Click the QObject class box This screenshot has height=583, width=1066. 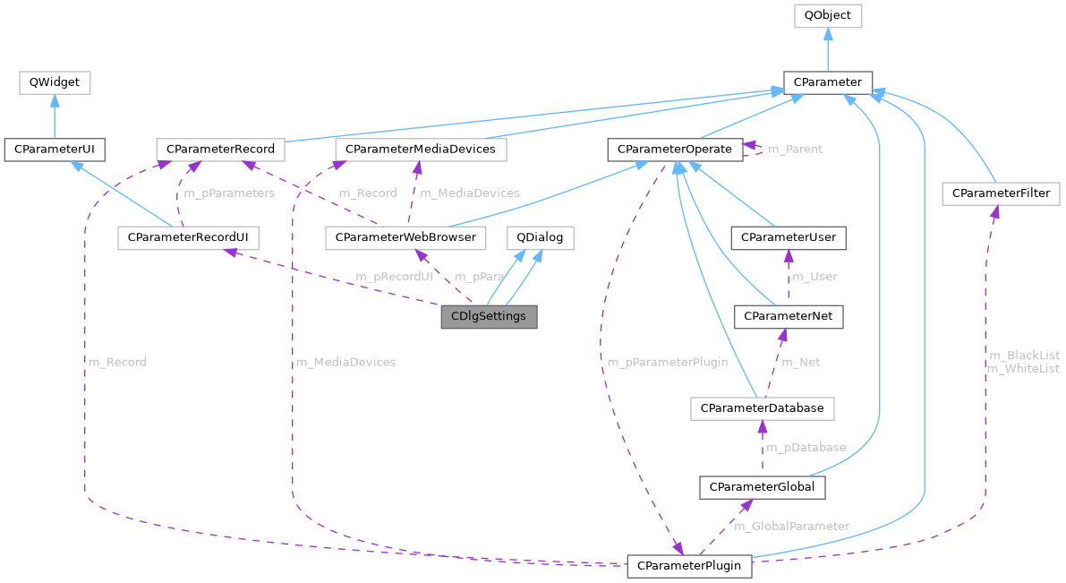tap(827, 15)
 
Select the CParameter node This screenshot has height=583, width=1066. tap(827, 82)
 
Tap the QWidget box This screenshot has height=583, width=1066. tap(55, 82)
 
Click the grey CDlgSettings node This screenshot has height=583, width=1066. tap(489, 317)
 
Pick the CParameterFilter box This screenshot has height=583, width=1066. tap(1001, 193)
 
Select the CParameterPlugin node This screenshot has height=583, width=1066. tap(689, 567)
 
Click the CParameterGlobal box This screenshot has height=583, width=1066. tap(761, 487)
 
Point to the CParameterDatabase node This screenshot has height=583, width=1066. tap(762, 408)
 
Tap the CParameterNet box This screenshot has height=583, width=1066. tap(788, 316)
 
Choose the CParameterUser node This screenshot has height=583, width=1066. tap(788, 237)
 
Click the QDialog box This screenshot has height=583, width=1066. tap(540, 237)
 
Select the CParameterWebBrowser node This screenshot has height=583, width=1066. tap(405, 237)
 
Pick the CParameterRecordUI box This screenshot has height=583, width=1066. tap(188, 237)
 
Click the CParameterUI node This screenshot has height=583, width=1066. tap(55, 149)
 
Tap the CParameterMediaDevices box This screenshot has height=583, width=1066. tap(420, 149)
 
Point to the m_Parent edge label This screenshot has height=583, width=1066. tap(795, 149)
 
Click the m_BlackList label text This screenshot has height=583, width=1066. tap(1023, 356)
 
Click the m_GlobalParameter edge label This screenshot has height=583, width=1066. tap(791, 526)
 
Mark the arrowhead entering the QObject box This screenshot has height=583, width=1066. tap(827, 34)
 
